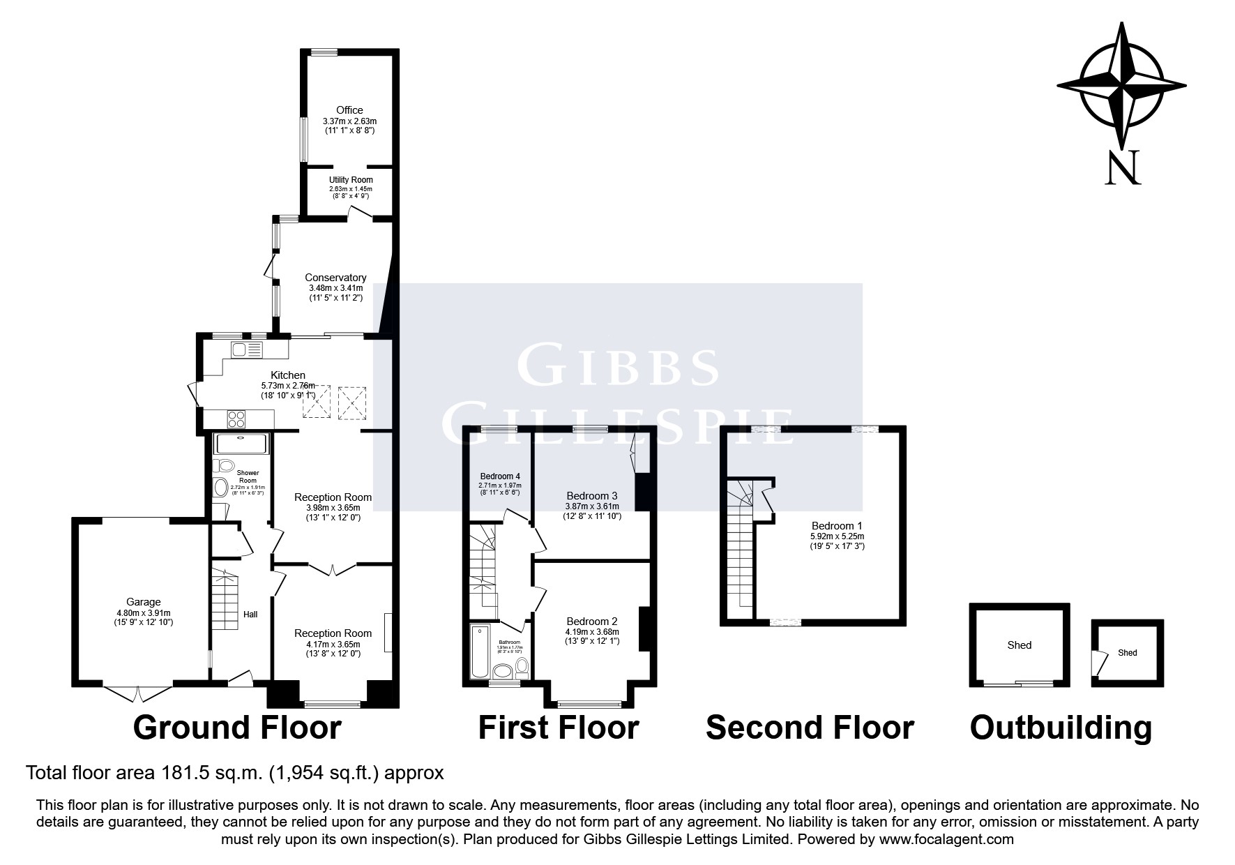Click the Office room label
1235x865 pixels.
[349, 110]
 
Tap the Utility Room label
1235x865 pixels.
[351, 180]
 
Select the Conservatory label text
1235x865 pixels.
[335, 278]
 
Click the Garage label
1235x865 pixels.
[143, 602]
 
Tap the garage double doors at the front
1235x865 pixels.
[137, 693]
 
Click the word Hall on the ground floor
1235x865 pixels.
[250, 615]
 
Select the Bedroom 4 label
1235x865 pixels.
[499, 476]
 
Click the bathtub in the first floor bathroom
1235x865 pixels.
[480, 652]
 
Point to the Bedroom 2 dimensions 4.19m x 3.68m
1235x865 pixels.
[591, 632]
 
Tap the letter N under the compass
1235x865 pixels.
[1122, 167]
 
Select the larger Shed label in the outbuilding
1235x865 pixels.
[1019, 645]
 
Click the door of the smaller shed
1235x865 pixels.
[1099, 663]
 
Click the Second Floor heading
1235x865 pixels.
[809, 728]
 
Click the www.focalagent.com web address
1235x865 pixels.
[946, 839]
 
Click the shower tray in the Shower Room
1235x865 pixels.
[241, 444]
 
